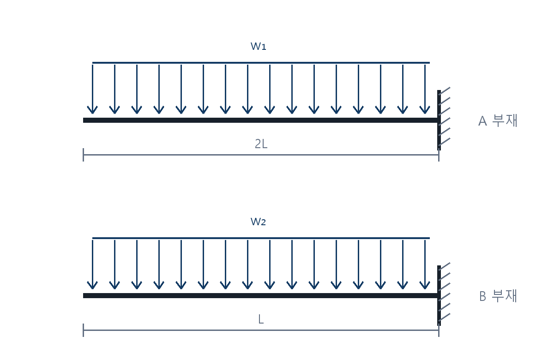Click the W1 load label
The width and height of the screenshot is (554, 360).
[258, 46]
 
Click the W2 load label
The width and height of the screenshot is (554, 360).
[258, 222]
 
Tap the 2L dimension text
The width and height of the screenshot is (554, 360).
[261, 144]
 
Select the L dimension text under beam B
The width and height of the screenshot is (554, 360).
[261, 319]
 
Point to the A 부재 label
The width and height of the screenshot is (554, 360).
[498, 120]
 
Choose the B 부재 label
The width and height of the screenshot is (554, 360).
[498, 296]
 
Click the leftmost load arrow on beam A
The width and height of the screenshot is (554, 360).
[92, 89]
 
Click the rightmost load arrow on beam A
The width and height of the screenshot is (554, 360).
[425, 89]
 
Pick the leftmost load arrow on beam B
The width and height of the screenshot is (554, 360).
[92, 264]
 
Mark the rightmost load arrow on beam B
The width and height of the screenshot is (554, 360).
[425, 264]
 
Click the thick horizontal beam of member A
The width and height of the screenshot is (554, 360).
[260, 120]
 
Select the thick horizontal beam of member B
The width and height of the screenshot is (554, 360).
[260, 295]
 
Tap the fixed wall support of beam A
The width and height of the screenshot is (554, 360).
[439, 120]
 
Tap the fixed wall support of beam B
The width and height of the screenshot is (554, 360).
[439, 295]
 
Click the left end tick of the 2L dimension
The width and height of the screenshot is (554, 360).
[84, 155]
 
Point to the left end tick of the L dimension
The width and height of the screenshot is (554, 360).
[84, 330]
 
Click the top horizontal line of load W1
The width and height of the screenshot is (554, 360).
[261, 63]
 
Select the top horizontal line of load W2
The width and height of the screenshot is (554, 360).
[261, 238]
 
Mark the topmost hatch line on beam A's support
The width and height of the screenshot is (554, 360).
[444, 91]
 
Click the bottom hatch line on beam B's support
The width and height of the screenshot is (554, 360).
[444, 317]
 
